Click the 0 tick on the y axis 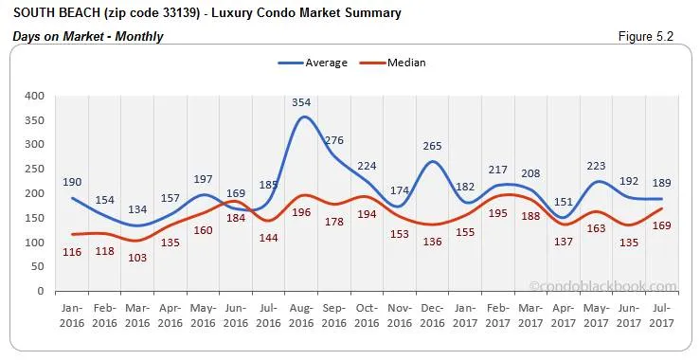39,291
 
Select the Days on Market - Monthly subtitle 88,36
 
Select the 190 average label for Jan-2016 74,182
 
